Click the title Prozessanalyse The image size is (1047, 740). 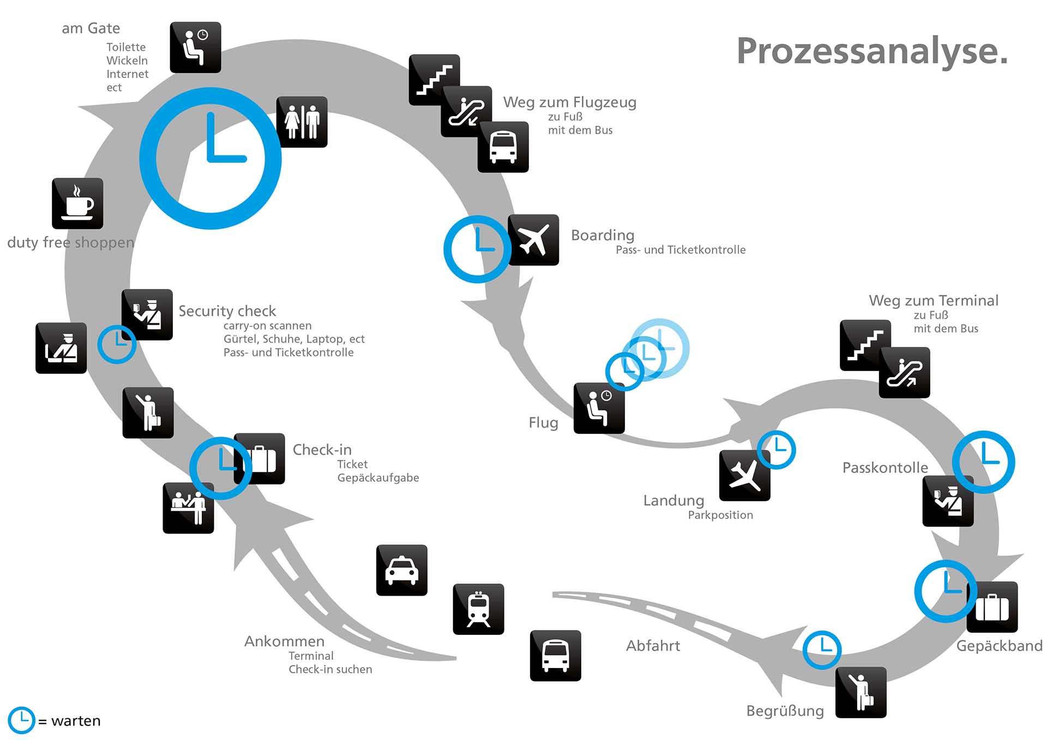tap(871, 51)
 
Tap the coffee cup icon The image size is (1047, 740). tap(77, 203)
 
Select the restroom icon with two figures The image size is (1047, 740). tap(302, 122)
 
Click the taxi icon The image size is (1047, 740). tap(402, 570)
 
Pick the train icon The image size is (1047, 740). tap(478, 609)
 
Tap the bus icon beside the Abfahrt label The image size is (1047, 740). tap(555, 656)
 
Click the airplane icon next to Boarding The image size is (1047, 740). tap(534, 240)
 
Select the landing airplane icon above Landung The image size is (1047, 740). tap(744, 476)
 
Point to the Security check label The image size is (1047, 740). tap(227, 311)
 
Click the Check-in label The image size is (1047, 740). tap(322, 450)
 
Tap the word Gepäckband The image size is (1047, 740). tap(999, 646)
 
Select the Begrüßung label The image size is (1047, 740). tap(785, 711)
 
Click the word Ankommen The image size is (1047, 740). tap(284, 641)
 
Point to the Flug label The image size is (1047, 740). tap(543, 422)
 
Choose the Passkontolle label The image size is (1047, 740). tap(884, 468)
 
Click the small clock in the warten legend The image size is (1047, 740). tap(21, 720)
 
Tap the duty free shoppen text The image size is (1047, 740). tap(70, 242)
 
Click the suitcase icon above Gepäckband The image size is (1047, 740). tap(992, 607)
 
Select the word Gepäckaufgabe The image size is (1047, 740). tap(378, 478)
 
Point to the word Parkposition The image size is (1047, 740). tap(720, 515)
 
